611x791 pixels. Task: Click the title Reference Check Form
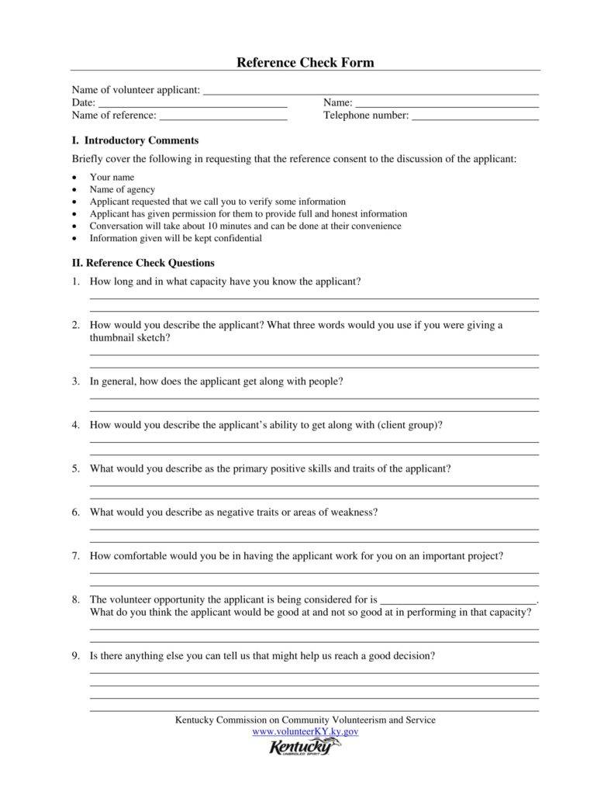pyautogui.click(x=305, y=62)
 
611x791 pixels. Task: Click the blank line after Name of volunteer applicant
pyautogui.click(x=370, y=93)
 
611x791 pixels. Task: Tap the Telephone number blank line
pyautogui.click(x=475, y=119)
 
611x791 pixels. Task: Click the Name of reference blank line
pyautogui.click(x=223, y=119)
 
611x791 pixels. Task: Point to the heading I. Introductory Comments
pyautogui.click(x=135, y=140)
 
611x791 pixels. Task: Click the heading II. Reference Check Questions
pyautogui.click(x=143, y=263)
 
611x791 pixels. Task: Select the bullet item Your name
pyautogui.click(x=112, y=177)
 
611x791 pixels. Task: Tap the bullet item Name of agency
pyautogui.click(x=122, y=189)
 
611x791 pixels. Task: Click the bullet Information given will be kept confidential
pyautogui.click(x=175, y=238)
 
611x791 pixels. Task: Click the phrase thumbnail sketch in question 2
pyautogui.click(x=129, y=338)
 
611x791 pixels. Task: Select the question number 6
pyautogui.click(x=76, y=513)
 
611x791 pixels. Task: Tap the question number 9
pyautogui.click(x=76, y=655)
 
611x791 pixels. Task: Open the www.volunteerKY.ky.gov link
pyautogui.click(x=305, y=731)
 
